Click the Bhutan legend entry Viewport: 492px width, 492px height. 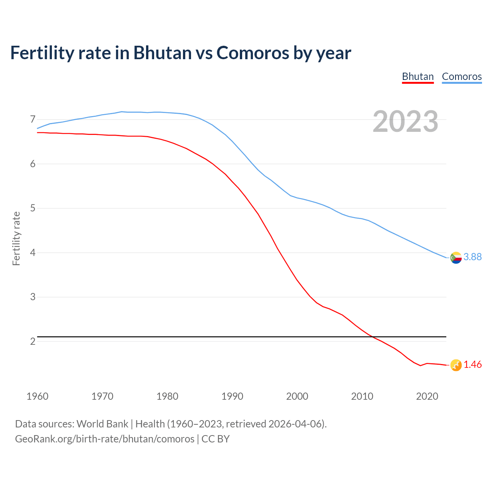[418, 76]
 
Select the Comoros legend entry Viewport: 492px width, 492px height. [462, 76]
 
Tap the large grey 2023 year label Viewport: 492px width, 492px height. [406, 121]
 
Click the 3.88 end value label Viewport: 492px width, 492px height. [472, 257]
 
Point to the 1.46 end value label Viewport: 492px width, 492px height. [472, 365]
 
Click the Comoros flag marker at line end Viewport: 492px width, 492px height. [456, 258]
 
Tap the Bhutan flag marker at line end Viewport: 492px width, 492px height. [456, 365]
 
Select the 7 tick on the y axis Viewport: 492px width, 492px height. [33, 120]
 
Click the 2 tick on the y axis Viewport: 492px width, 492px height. [33, 341]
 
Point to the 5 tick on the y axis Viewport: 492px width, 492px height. [33, 208]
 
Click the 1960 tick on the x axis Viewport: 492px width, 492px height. [37, 396]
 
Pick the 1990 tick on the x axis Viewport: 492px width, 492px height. [232, 396]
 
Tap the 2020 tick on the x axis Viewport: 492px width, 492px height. [427, 396]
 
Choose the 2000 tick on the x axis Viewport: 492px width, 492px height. [297, 396]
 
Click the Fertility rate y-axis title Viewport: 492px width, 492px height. [16, 238]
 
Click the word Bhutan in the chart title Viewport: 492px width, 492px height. [162, 53]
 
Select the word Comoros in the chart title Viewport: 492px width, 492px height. [253, 53]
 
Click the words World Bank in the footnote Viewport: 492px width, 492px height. [102, 424]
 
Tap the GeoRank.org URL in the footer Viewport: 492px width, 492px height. [105, 439]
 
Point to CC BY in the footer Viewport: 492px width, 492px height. [216, 439]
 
